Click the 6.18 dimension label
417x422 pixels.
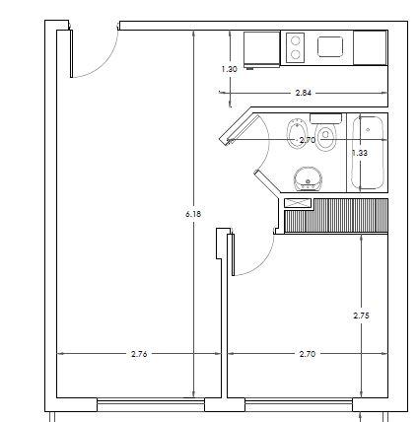pyautogui.click(x=193, y=214)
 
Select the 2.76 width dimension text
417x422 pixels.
pyautogui.click(x=139, y=354)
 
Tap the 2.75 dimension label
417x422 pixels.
pyautogui.click(x=361, y=316)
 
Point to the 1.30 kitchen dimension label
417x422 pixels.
pyautogui.click(x=229, y=69)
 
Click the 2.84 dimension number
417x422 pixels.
pyautogui.click(x=304, y=93)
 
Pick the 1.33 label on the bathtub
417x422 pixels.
pyautogui.click(x=360, y=153)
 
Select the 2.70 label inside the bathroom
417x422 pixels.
pyautogui.click(x=308, y=140)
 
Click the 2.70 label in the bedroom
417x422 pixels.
pyautogui.click(x=308, y=354)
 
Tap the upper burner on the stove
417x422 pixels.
pyautogui.click(x=296, y=40)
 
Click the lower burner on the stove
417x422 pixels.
pyautogui.click(x=296, y=54)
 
